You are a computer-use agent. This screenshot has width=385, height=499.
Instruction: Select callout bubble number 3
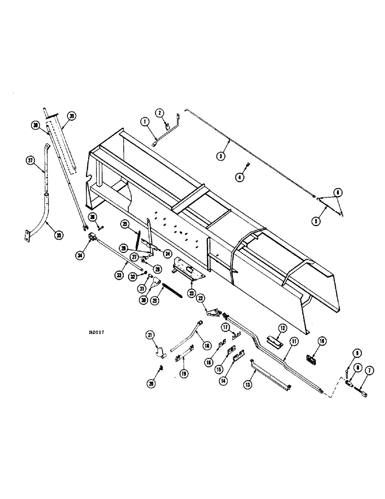tap(221, 156)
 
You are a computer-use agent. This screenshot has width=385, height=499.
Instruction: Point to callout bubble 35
tap(59, 236)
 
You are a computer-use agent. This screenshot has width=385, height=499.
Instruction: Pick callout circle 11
tap(294, 342)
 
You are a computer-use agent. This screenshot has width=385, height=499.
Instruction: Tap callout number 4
tap(240, 177)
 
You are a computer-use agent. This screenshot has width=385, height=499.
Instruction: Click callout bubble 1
tap(144, 121)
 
